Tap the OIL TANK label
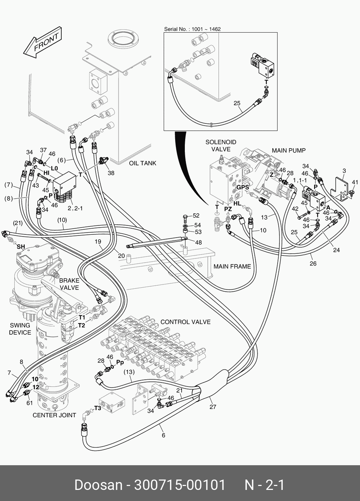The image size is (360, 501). point(143,163)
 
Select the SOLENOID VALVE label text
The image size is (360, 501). point(221,146)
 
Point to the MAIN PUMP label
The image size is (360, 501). point(289,151)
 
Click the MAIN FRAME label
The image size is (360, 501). point(232,266)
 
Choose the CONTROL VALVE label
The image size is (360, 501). point(185,322)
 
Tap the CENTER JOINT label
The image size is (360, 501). point(54,415)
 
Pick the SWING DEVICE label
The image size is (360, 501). point(20,329)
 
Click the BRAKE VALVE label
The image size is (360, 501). point(69,284)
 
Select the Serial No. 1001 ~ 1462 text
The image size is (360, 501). point(192,29)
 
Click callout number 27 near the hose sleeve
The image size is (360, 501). point(213,407)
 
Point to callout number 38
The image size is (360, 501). point(111,173)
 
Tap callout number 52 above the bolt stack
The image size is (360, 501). point(196,215)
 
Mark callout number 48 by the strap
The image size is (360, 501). point(198,242)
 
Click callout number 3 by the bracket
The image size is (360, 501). point(344,171)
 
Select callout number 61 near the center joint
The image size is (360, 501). point(29,403)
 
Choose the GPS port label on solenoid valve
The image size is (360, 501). point(243,187)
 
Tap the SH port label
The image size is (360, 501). point(21,247)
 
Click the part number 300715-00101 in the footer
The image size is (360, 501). point(180,485)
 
